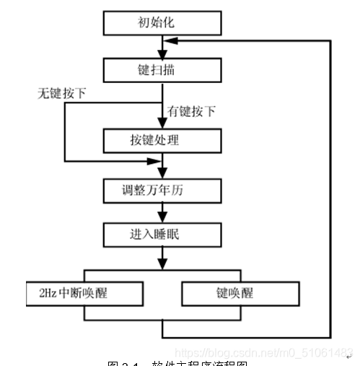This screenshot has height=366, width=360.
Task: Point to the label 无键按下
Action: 62,94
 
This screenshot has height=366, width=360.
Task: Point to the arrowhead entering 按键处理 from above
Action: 162,125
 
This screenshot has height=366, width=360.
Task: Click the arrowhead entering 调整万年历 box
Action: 162,176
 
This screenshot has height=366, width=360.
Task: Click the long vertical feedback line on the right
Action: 331,188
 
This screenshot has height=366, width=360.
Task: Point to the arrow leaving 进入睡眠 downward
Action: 162,256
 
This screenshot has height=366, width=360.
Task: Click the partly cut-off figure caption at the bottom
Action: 177,362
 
